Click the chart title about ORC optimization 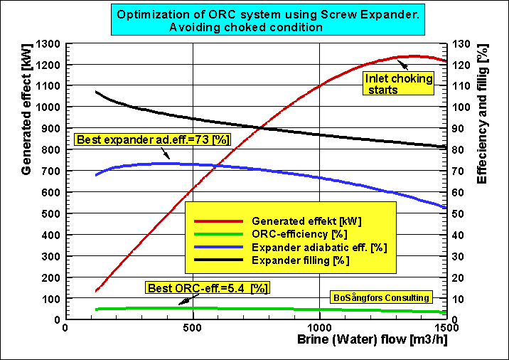[268, 19]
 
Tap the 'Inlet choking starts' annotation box [398, 83]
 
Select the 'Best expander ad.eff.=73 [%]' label [153, 139]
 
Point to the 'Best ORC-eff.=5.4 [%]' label [208, 288]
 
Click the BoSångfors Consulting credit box [381, 297]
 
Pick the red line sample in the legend [218, 221]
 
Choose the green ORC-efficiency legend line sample [218, 234]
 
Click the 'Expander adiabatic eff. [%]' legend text [319, 248]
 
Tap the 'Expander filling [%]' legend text [300, 260]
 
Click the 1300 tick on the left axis [48, 43]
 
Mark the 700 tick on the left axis [51, 171]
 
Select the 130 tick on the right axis [461, 43]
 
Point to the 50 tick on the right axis [458, 213]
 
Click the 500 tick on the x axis [192, 327]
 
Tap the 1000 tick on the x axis [319, 327]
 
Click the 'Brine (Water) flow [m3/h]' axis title [373, 339]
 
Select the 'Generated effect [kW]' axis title [26, 109]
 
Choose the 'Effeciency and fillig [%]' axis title [482, 114]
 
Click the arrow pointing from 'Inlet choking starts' [402, 65]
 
